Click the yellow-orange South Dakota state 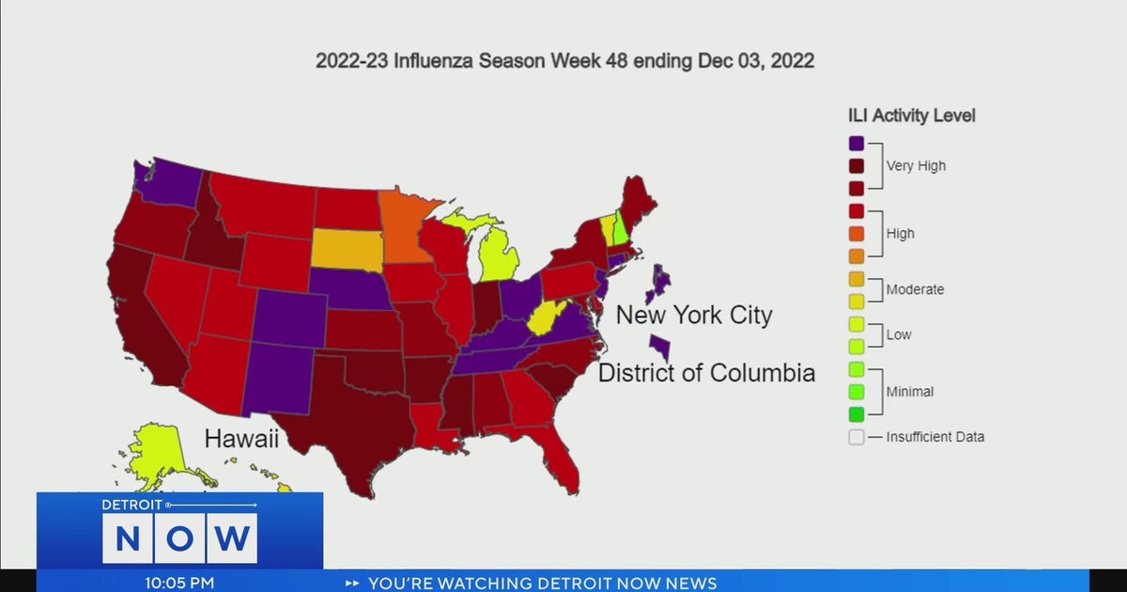pos(347,250)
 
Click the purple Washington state pos(174,180)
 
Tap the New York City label pos(693,314)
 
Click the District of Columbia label pos(706,373)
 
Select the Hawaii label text pos(241,439)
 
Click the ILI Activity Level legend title pos(911,116)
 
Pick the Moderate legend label pos(915,289)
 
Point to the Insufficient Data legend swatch pos(856,437)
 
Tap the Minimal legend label pos(909,391)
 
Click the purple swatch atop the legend pos(856,144)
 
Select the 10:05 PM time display pos(181,583)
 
